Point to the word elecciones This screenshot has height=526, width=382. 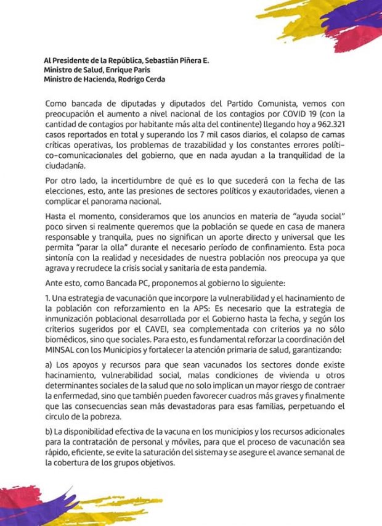[67, 191]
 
